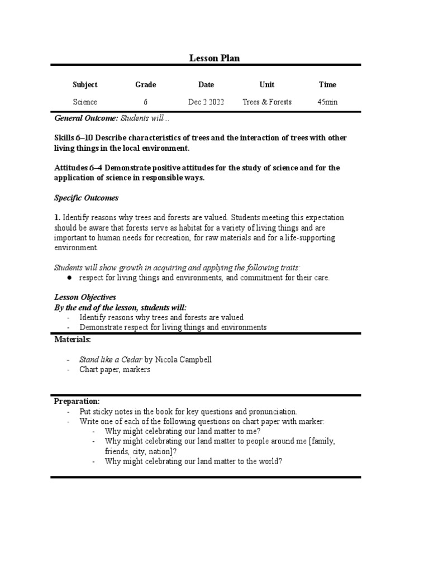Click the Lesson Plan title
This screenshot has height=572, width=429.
[214, 58]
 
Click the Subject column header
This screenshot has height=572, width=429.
[85, 85]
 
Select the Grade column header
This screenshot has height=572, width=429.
[145, 85]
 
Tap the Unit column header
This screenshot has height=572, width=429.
[267, 85]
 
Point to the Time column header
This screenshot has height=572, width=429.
[327, 85]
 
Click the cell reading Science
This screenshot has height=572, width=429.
[85, 102]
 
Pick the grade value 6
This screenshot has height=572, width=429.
[145, 102]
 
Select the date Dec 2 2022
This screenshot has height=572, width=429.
[206, 102]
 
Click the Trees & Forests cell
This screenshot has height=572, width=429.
[267, 102]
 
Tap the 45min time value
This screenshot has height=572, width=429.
[327, 102]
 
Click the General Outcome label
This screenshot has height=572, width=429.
[86, 118]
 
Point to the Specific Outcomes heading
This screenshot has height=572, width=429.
[86, 198]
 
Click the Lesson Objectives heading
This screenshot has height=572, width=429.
[85, 297]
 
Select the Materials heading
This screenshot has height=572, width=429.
[73, 339]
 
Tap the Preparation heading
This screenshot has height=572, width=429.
[77, 401]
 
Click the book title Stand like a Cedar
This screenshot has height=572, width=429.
[111, 360]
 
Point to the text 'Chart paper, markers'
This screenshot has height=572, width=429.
[115, 370]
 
